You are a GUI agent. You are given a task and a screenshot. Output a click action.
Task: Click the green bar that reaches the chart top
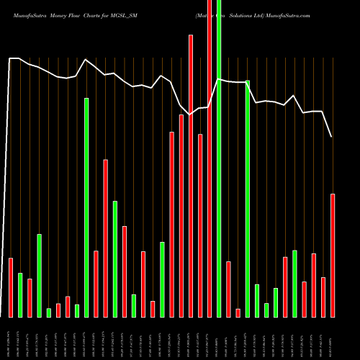click(219, 158)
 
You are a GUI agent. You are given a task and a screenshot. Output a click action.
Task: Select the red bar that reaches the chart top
click(210, 158)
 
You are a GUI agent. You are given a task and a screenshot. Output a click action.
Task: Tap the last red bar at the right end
click(333, 256)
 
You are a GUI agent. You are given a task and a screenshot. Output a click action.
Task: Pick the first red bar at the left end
click(11, 287)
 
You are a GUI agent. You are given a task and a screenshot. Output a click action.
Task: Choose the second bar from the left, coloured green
click(20, 295)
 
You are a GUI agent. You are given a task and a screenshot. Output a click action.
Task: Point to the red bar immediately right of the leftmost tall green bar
click(96, 284)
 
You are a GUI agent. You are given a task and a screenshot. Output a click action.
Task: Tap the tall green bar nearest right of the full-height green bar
click(247, 199)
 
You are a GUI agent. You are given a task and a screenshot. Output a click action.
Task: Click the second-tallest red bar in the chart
click(191, 176)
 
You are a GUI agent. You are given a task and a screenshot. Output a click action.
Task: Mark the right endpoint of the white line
click(332, 137)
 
